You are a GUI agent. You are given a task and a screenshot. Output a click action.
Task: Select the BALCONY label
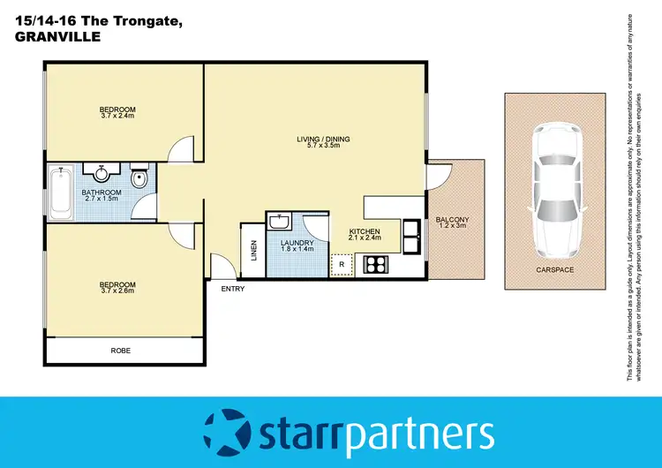pyautogui.click(x=452, y=220)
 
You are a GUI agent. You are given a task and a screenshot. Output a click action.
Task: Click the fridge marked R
pyautogui.click(x=341, y=264)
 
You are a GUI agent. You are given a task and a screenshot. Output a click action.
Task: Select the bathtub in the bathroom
pyautogui.click(x=60, y=192)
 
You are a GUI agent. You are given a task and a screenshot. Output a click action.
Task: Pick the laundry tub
pyautogui.click(x=281, y=221)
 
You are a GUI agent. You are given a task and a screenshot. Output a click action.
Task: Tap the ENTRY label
pyautogui.click(x=233, y=289)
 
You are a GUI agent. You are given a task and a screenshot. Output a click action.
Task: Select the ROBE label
pyautogui.click(x=120, y=351)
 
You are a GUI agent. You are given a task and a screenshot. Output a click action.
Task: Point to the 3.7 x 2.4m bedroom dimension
pyautogui.click(x=117, y=117)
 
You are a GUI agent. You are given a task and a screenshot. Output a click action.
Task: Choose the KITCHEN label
pyautogui.click(x=364, y=231)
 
